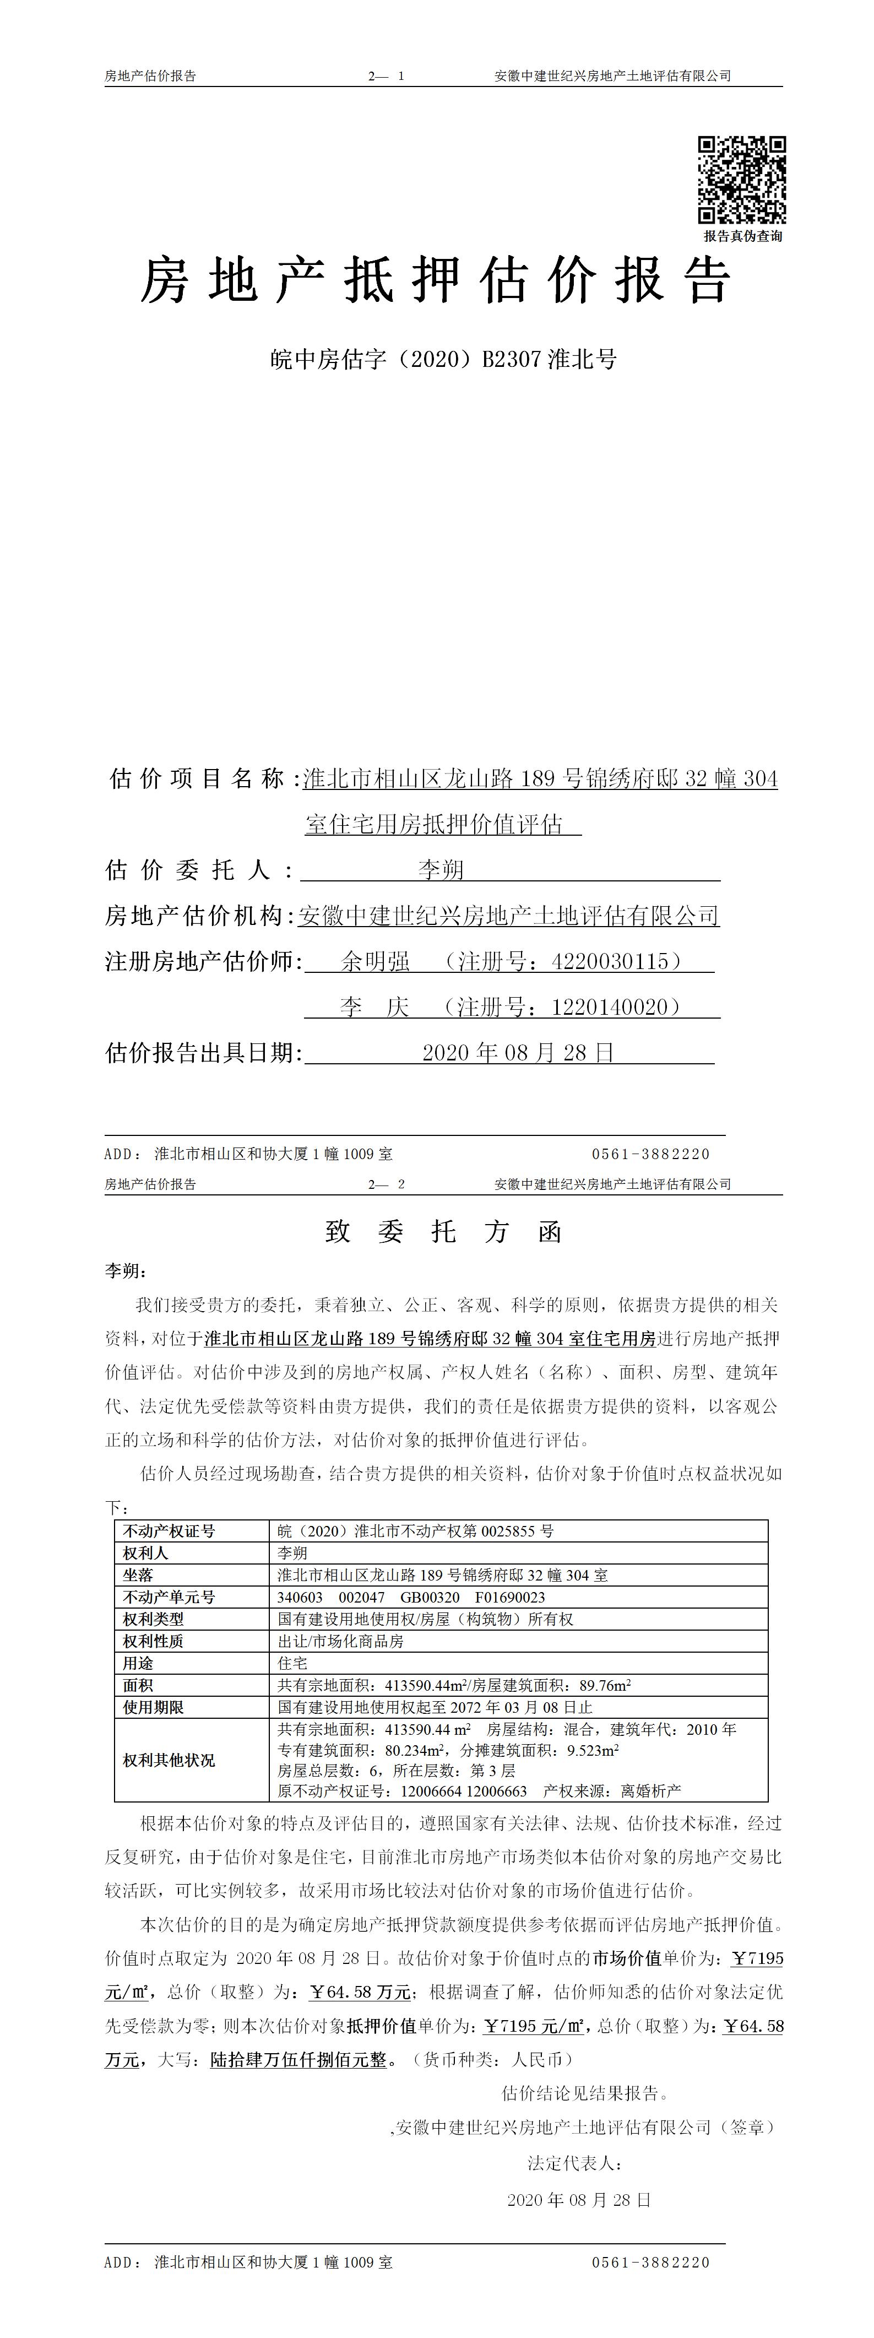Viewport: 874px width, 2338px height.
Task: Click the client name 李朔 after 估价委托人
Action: tap(441, 869)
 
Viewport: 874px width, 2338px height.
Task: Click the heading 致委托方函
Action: tap(444, 1232)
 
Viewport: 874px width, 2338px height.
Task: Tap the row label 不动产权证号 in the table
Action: tap(169, 1531)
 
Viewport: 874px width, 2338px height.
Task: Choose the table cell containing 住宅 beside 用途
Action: tap(292, 1664)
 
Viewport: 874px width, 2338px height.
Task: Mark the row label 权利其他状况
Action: tap(169, 1760)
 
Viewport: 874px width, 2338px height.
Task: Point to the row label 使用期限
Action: tap(154, 1707)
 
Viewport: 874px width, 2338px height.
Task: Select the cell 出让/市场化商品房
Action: tap(340, 1641)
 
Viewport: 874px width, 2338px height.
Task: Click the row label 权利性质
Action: tap(154, 1641)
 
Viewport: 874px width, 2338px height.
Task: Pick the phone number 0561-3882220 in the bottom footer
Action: tap(651, 2263)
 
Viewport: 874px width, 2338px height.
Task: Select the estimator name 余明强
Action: tap(375, 961)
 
